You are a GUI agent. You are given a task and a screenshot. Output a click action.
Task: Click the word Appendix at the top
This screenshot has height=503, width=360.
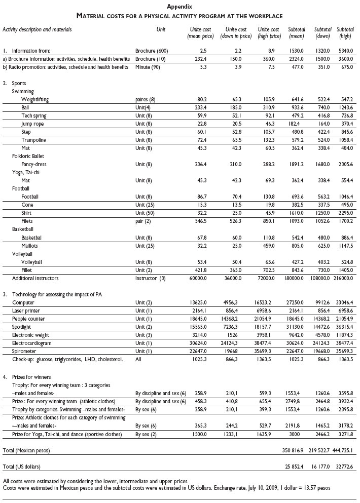click(x=179, y=7)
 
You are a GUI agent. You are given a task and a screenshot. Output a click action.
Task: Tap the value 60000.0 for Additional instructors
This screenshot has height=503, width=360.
click(x=202, y=279)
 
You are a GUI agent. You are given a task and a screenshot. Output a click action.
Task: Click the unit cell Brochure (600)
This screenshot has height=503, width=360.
click(x=153, y=51)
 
